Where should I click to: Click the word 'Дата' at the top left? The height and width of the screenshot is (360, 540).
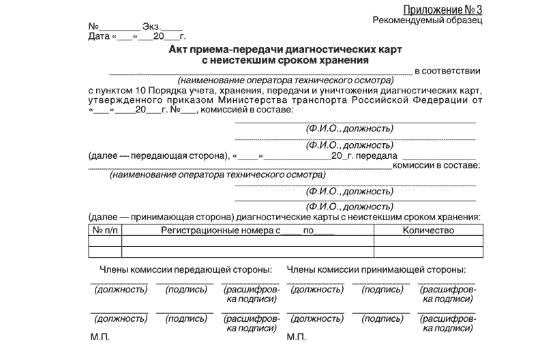coord(98,36)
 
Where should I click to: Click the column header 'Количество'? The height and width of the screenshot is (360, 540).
coord(428,231)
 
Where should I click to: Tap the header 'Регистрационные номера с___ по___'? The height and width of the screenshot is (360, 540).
coord(247,231)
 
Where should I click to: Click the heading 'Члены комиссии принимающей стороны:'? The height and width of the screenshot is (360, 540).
coord(376,270)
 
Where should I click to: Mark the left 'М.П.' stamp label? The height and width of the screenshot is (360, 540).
coord(99,337)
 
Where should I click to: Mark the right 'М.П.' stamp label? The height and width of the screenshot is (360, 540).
coord(297,337)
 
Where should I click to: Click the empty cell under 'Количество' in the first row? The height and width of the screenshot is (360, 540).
coord(428,241)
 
